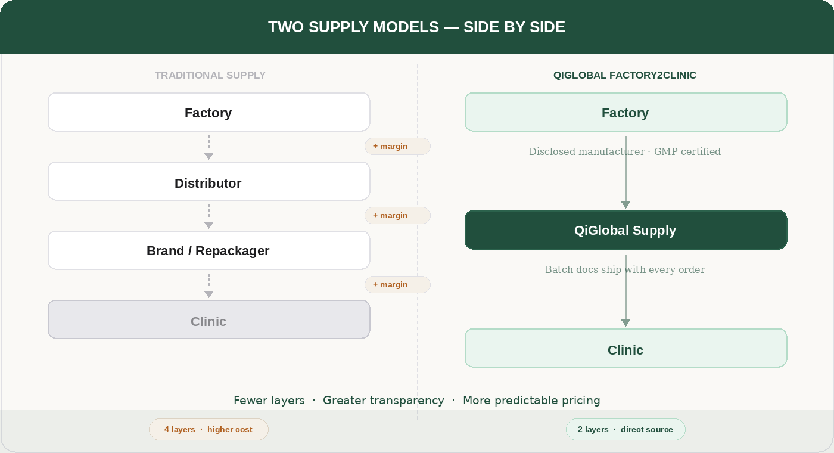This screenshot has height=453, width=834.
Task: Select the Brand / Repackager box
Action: [208, 250]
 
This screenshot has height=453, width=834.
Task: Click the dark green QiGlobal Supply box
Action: [625, 230]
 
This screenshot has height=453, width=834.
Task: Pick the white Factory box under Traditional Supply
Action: [208, 112]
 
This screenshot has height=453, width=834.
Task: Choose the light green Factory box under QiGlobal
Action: [625, 112]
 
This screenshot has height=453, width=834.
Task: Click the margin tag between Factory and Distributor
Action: [397, 146]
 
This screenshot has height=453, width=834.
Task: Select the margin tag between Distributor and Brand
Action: [397, 215]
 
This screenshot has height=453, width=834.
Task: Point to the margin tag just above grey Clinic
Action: [397, 284]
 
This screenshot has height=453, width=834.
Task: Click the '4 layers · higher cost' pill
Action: [208, 429]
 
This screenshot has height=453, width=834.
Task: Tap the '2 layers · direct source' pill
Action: [625, 429]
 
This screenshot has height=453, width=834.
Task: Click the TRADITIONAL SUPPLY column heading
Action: [210, 75]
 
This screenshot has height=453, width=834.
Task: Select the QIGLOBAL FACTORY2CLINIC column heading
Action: [625, 75]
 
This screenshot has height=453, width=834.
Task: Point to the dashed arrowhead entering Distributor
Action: [208, 156]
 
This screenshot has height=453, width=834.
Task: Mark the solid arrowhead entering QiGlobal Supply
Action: [625, 204]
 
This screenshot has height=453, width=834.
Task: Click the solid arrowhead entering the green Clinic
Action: [625, 322]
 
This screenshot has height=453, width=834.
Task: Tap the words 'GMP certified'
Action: [687, 151]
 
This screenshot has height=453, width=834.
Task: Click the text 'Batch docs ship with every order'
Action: [625, 269]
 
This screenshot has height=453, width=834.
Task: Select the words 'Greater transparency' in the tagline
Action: [383, 401]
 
